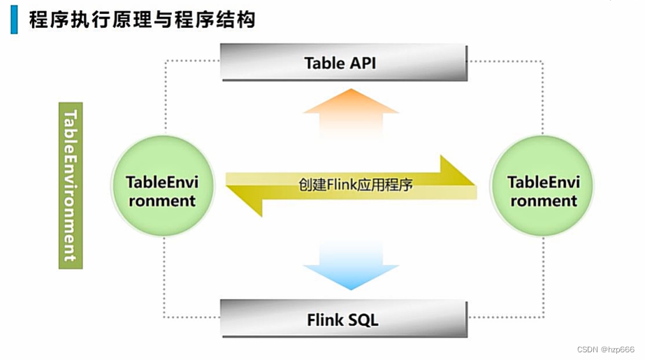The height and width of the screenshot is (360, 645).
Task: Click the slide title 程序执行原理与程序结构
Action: (142, 20)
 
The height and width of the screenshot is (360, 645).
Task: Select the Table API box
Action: (343, 63)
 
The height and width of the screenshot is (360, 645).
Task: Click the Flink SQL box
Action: (343, 320)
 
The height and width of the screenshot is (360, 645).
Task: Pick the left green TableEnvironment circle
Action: (161, 191)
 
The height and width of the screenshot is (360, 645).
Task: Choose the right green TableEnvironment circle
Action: (542, 191)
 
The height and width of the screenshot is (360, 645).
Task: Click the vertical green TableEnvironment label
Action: (71, 185)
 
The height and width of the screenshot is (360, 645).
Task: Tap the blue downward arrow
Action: (351, 266)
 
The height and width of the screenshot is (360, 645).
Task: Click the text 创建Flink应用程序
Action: (356, 185)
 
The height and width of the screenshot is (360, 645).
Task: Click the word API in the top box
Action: (361, 63)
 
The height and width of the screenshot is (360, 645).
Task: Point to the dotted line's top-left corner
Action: (166, 62)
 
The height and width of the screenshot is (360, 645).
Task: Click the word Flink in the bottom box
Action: (326, 320)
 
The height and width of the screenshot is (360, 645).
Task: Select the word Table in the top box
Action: (324, 63)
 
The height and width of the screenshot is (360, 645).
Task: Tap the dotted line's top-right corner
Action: (542, 62)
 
